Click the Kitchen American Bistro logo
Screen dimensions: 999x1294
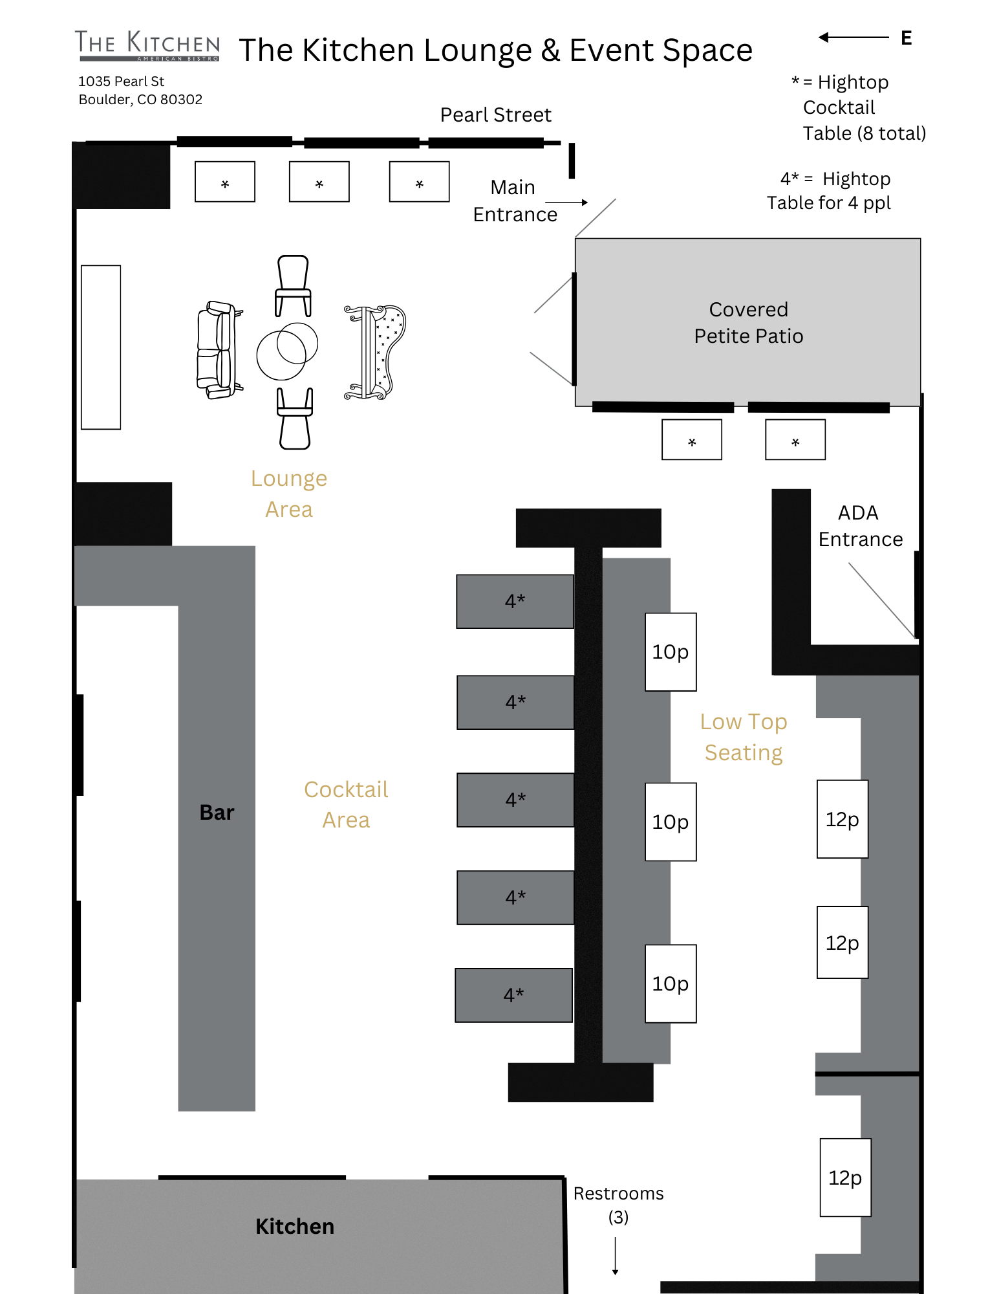tap(147, 45)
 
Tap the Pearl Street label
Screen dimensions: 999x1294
tap(496, 115)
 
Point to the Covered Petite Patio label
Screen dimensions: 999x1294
tap(748, 323)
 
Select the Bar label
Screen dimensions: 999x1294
tap(217, 813)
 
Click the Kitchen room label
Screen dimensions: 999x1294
tap(295, 1227)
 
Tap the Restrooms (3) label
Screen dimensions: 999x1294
tap(618, 1205)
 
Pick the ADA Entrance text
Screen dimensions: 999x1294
tap(860, 526)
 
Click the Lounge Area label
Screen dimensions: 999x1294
tap(289, 494)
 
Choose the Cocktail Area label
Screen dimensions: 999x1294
tap(346, 804)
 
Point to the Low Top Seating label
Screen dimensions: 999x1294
tap(744, 737)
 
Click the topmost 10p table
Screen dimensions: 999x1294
tap(671, 652)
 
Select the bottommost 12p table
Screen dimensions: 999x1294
tap(845, 1178)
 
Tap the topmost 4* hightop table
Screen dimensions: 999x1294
tap(515, 602)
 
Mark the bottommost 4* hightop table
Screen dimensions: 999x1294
tap(513, 995)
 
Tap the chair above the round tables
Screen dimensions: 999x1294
tap(293, 285)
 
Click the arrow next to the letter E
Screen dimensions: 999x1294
tap(854, 38)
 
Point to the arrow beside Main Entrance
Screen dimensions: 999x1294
tap(566, 203)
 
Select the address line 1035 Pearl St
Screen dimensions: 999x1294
tap(122, 82)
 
